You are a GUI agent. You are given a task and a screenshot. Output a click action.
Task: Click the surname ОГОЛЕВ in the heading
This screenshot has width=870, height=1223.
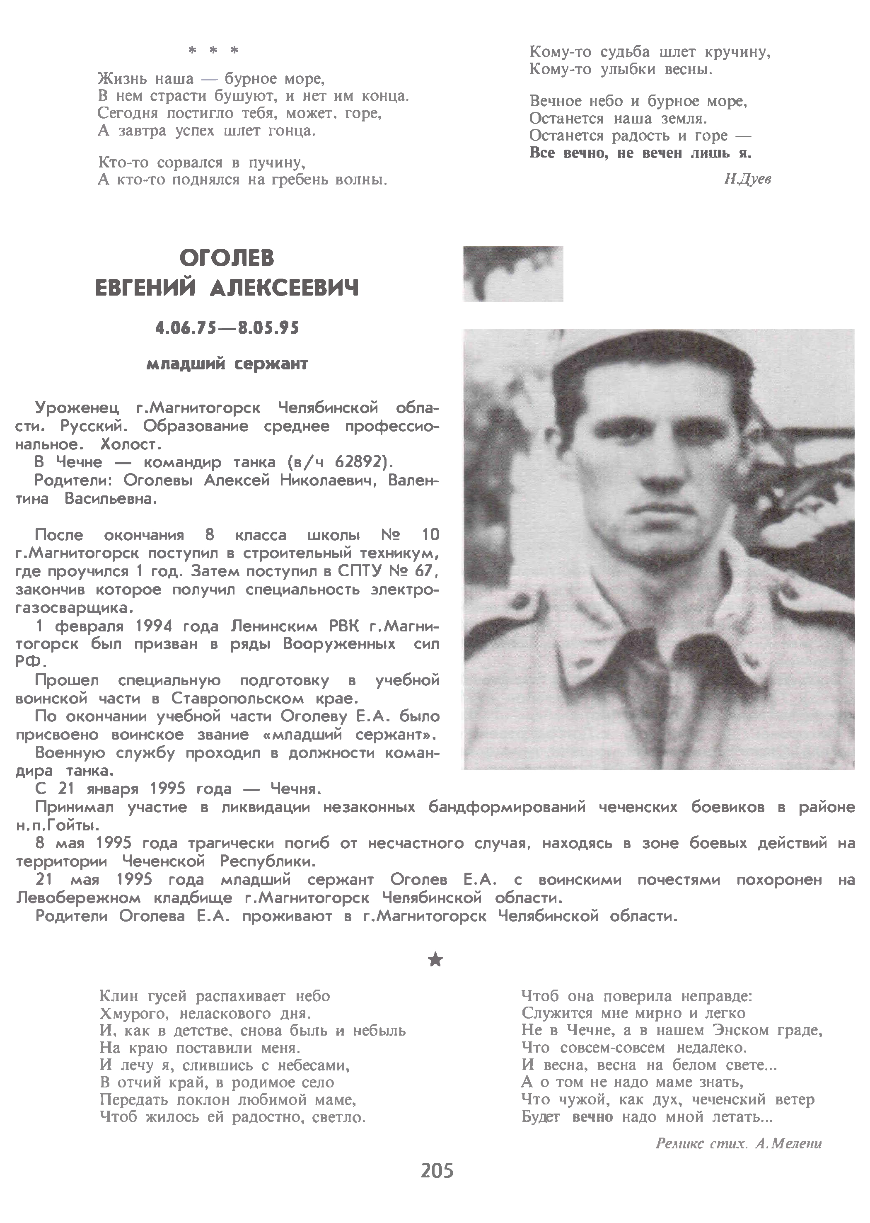pyautogui.click(x=227, y=259)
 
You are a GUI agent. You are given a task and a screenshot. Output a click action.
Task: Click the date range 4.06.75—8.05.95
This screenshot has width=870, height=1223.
pyautogui.click(x=227, y=328)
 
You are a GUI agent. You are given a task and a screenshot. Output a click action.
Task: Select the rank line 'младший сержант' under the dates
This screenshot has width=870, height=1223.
pyautogui.click(x=227, y=364)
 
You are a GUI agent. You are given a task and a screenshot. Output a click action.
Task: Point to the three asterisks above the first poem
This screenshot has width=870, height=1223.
pyautogui.click(x=213, y=51)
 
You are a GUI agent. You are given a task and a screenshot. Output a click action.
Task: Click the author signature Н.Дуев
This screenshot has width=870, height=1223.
pyautogui.click(x=747, y=180)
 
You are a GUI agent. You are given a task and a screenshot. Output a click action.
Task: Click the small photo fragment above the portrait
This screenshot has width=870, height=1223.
pyautogui.click(x=513, y=274)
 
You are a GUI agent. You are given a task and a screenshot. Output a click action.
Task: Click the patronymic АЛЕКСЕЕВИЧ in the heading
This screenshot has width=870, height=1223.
pyautogui.click(x=285, y=289)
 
